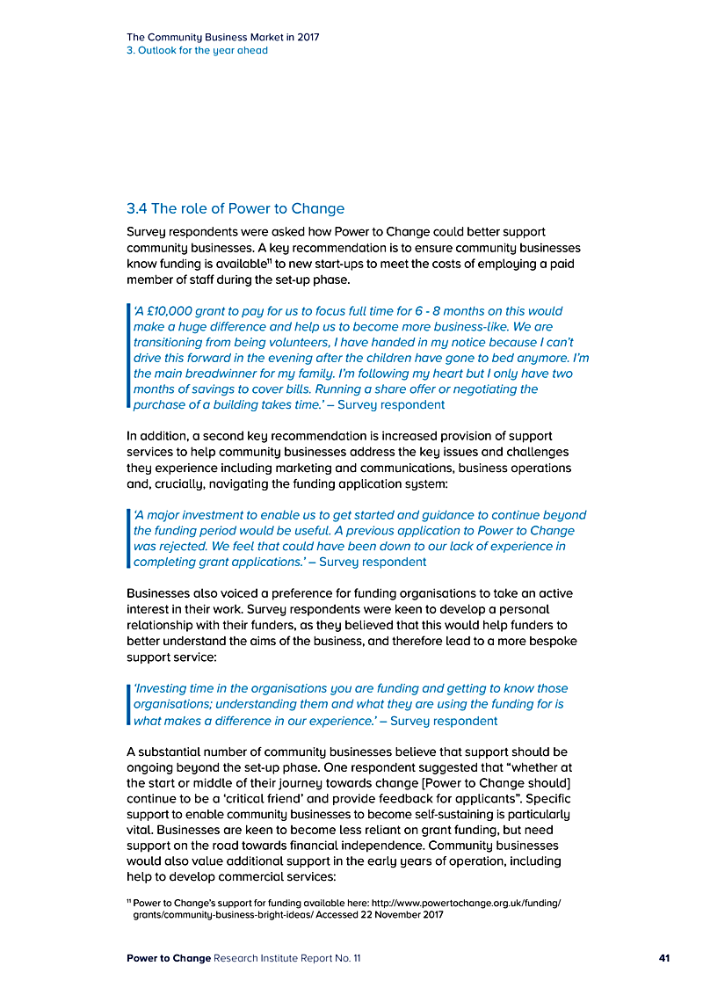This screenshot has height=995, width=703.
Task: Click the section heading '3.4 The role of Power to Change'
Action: coord(236,208)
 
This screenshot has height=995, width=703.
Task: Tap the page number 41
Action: coord(664,958)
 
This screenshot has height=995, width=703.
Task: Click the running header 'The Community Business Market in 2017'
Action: coord(222,37)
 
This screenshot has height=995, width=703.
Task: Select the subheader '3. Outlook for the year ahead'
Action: coord(197,50)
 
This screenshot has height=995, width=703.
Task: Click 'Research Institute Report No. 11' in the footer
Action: coord(286,958)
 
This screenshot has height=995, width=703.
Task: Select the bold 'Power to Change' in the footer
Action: coord(169,958)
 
